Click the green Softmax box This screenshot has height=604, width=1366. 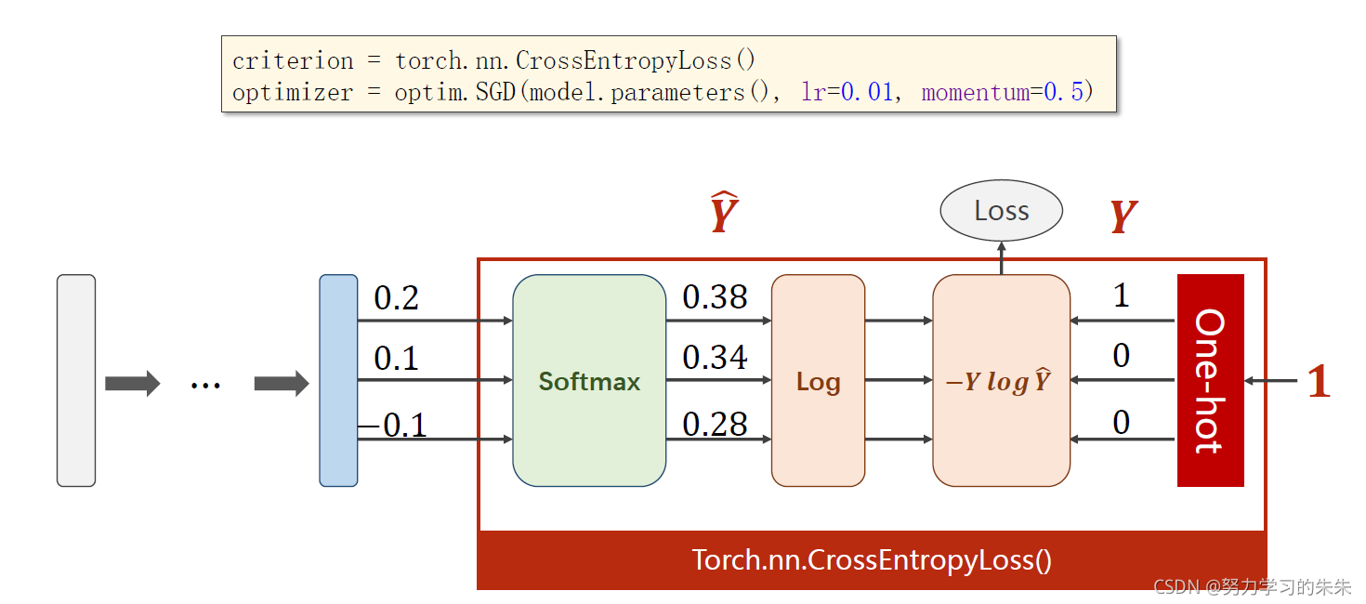589,380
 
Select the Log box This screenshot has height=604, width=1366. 818,380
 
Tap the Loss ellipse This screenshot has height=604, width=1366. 1001,211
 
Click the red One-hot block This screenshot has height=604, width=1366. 1210,380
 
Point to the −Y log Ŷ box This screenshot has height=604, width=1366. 1001,380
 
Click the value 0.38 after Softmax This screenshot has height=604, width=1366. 715,297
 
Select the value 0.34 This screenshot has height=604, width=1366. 715,357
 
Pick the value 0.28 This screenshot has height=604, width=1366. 715,424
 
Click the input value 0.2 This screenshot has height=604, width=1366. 396,298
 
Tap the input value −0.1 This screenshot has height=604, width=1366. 392,425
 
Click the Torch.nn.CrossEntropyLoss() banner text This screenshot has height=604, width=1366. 872,560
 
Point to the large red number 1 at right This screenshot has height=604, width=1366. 1319,381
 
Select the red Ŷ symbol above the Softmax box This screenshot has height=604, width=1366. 723,213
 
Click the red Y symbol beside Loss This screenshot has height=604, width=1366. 1123,217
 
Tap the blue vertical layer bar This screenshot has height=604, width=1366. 338,380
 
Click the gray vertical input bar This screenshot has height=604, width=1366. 76,380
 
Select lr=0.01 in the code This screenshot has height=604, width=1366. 847,93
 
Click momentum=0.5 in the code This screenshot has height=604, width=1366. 1002,93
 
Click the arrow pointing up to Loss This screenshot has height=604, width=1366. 1001,257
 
